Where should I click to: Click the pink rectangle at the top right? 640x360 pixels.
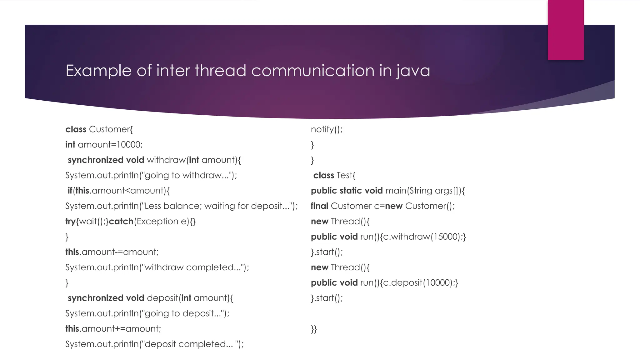pyautogui.click(x=566, y=30)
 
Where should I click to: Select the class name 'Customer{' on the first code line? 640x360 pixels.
pyautogui.click(x=111, y=129)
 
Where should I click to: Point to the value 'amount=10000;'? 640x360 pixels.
pyautogui.click(x=110, y=145)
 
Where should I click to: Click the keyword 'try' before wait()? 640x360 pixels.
pyautogui.click(x=70, y=222)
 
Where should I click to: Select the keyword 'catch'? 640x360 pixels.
pyautogui.click(x=121, y=222)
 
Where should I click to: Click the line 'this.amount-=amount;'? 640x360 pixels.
pyautogui.click(x=112, y=252)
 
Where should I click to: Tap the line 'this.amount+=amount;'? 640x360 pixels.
pyautogui.click(x=113, y=329)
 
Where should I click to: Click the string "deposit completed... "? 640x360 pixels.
pyautogui.click(x=190, y=344)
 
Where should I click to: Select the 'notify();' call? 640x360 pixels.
pyautogui.click(x=327, y=129)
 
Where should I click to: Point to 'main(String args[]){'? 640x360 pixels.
pyautogui.click(x=425, y=191)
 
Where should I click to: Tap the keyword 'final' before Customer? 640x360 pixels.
pyautogui.click(x=319, y=206)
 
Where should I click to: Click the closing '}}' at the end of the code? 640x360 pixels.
pyautogui.click(x=314, y=329)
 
